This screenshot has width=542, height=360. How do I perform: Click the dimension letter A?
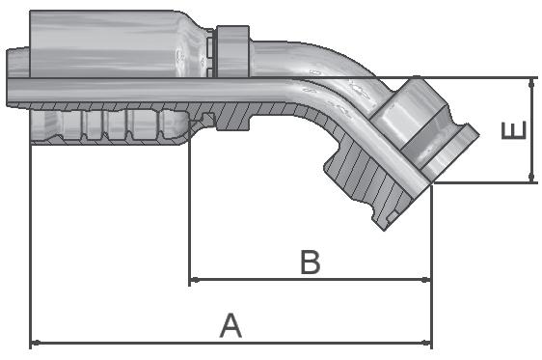coord(230,325)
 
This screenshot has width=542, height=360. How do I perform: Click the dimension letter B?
coord(311,262)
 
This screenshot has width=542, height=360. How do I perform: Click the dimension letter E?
coord(514,130)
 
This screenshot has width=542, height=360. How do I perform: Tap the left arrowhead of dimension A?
coord(36,343)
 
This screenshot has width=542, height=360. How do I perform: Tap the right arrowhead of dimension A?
coord(426,343)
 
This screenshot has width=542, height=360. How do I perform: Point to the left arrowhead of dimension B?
coord(195,280)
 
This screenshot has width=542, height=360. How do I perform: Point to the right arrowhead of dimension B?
coord(426,280)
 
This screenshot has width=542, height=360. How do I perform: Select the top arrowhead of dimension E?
coord(531,83)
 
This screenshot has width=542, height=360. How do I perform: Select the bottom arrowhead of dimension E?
coord(531,178)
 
